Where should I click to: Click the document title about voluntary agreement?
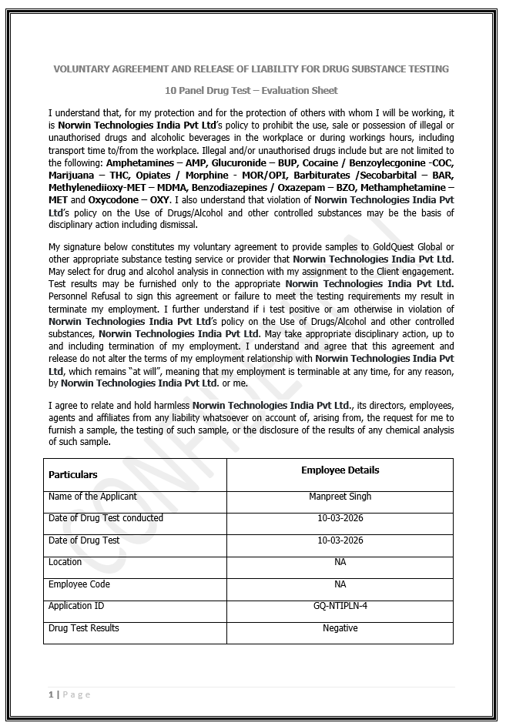tap(251, 69)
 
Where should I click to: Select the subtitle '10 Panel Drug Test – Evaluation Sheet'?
tap(251, 91)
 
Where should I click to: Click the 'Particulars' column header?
tap(73, 474)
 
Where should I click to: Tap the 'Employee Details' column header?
tap(340, 470)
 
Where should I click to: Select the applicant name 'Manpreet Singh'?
tap(340, 497)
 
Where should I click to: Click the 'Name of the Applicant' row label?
tap(92, 497)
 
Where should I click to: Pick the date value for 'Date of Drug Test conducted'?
tap(340, 518)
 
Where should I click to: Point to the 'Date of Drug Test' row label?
tap(84, 540)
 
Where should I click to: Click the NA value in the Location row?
tap(340, 562)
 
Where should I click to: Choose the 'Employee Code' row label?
tap(79, 584)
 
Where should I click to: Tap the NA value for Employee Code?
tap(340, 584)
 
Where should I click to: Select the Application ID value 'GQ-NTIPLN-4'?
tap(340, 606)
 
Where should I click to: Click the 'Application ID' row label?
tap(75, 606)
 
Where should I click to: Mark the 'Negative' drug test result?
tap(340, 628)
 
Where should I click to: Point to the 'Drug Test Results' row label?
tap(84, 628)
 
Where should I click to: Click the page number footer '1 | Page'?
tap(69, 694)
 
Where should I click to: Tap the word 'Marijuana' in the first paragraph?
tap(72, 176)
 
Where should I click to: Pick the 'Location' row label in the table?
tap(65, 562)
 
